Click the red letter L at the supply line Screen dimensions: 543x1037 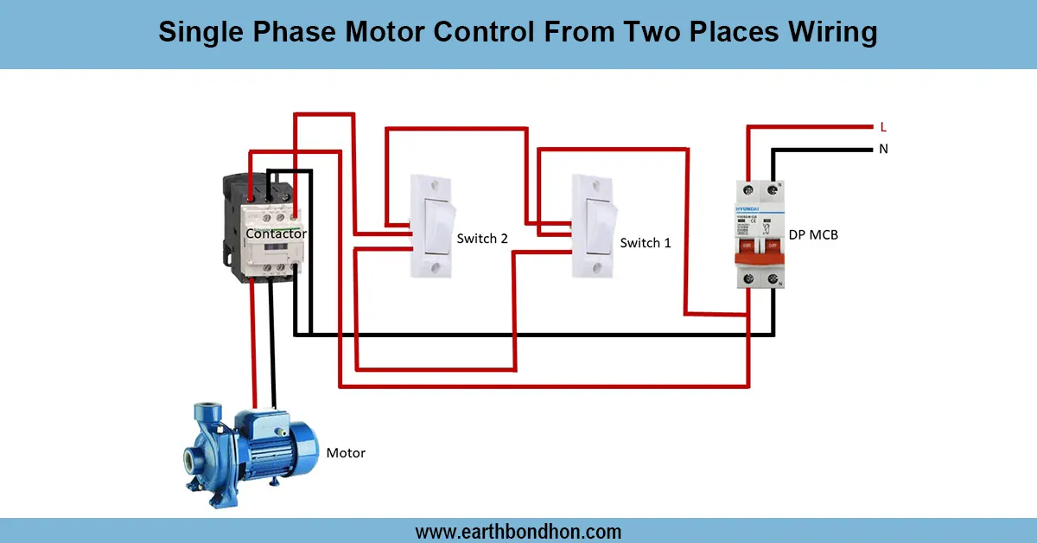pyautogui.click(x=882, y=126)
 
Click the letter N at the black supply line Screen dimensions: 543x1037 pyautogui.click(x=883, y=149)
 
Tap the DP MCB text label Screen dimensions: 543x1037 pyautogui.click(x=813, y=234)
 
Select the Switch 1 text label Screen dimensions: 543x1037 pyautogui.click(x=645, y=243)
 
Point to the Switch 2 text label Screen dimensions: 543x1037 pyautogui.click(x=481, y=238)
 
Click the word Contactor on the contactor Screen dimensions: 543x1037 pyautogui.click(x=276, y=233)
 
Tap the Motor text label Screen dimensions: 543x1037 pyautogui.click(x=345, y=453)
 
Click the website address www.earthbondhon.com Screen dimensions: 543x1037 pyautogui.click(x=518, y=531)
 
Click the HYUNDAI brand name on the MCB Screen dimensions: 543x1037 pyautogui.click(x=748, y=210)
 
